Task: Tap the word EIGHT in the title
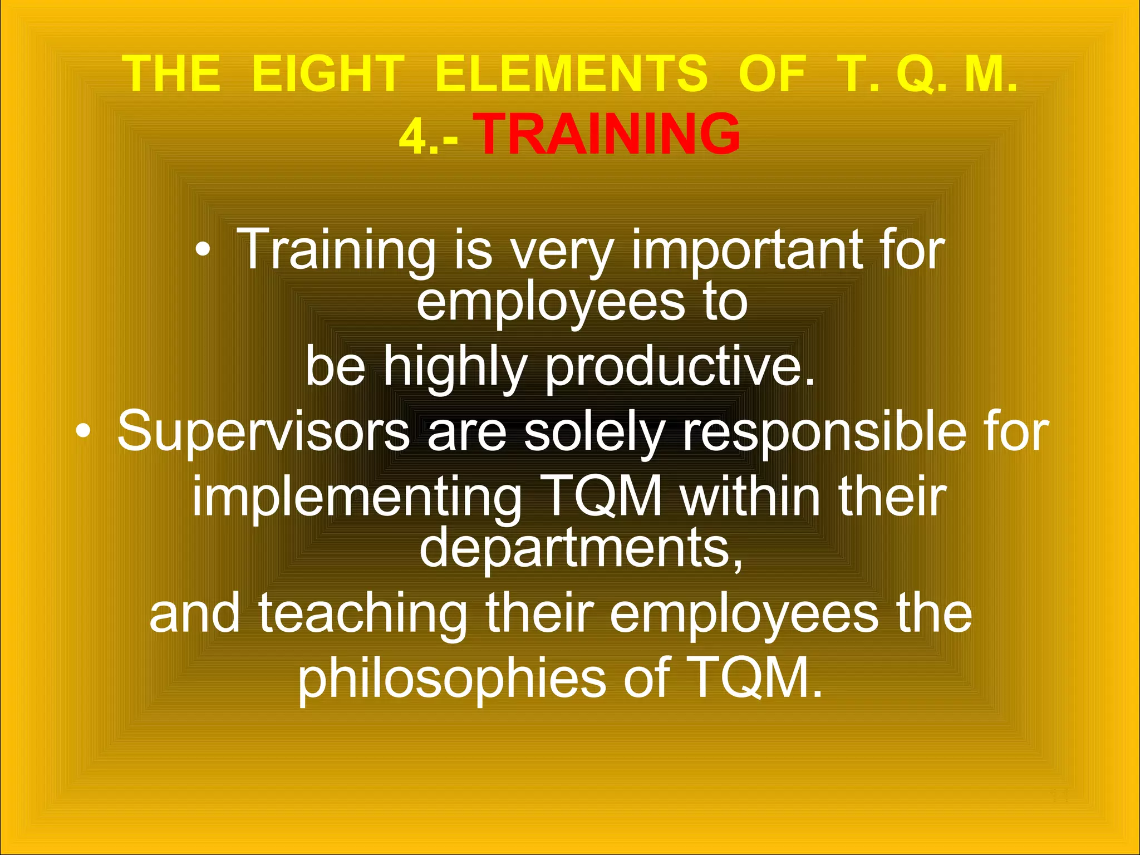pyautogui.click(x=328, y=73)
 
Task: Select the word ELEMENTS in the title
pyautogui.click(x=571, y=73)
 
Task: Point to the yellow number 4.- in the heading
pyautogui.click(x=429, y=137)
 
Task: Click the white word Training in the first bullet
pyautogui.click(x=336, y=250)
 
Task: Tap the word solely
pyautogui.click(x=594, y=433)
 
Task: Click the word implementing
pyautogui.click(x=357, y=497)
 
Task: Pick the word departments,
pyautogui.click(x=581, y=548)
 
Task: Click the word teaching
pyautogui.click(x=362, y=613)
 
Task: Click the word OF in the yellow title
pyautogui.click(x=772, y=73)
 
